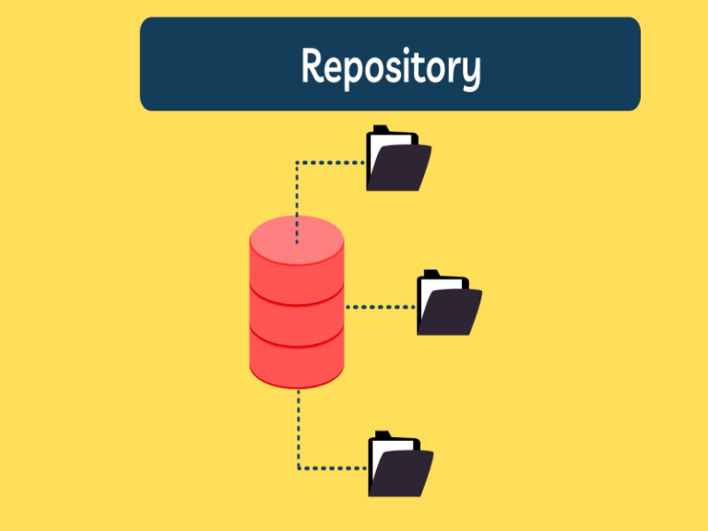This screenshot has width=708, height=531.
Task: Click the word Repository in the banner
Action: pyautogui.click(x=390, y=66)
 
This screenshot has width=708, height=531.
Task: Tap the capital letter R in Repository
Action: pyautogui.click(x=314, y=66)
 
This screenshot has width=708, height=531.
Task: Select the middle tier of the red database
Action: pyautogui.click(x=297, y=318)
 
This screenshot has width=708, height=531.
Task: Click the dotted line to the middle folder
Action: pyautogui.click(x=380, y=306)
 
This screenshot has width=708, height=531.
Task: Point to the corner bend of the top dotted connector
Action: pyautogui.click(x=297, y=163)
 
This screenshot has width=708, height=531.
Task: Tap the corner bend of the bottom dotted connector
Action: pyautogui.click(x=298, y=468)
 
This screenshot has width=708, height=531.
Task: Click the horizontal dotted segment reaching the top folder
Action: pyautogui.click(x=332, y=163)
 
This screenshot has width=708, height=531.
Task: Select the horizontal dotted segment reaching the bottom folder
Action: pyautogui.click(x=334, y=468)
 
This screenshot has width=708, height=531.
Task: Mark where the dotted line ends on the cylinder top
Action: pyautogui.click(x=297, y=243)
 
